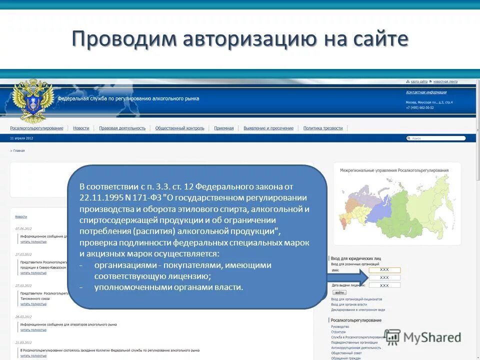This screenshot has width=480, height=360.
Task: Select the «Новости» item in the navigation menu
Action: [81, 128]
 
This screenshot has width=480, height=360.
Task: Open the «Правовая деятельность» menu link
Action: [122, 128]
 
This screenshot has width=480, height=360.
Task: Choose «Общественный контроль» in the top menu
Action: [179, 128]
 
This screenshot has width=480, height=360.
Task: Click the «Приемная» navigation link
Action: [223, 128]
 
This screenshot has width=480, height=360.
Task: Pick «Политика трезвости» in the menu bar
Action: [323, 128]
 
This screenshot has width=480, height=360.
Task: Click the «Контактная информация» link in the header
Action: [426, 92]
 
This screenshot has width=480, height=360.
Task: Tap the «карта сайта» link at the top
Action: [418, 81]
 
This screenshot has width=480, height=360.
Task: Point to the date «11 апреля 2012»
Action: [21, 138]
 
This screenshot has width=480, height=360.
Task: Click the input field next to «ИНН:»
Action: [384, 270]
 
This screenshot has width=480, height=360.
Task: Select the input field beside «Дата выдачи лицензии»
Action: [384, 285]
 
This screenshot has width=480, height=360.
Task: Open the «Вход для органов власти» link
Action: [348, 304]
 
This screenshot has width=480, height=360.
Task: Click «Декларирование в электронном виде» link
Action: [357, 309]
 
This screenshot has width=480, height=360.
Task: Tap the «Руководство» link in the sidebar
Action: [340, 326]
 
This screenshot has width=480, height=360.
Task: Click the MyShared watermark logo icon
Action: [392, 337]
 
